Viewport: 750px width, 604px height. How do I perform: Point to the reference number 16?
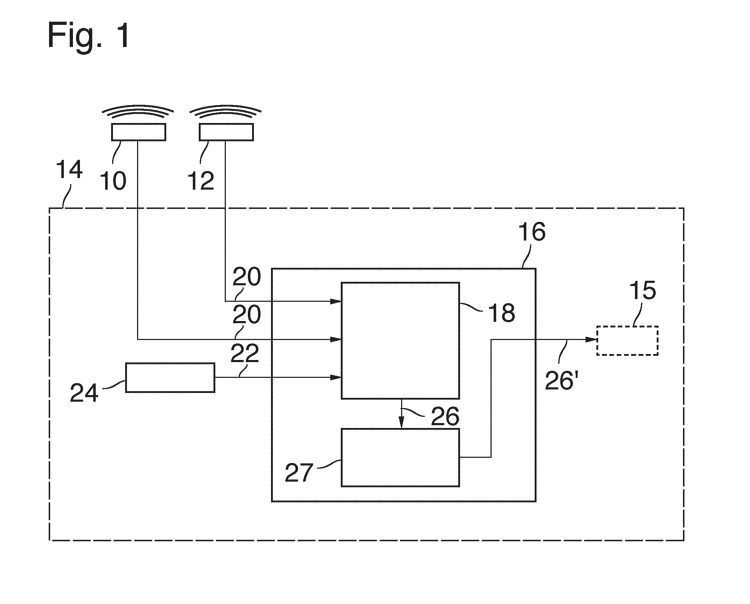coord(532,231)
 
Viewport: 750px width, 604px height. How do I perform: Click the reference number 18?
coord(502,313)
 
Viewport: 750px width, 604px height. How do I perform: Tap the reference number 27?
coord(299,473)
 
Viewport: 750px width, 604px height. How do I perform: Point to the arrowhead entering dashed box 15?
coord(592,339)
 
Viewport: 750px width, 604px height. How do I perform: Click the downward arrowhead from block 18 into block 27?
coord(401,423)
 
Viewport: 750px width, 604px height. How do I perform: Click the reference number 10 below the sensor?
coord(113,181)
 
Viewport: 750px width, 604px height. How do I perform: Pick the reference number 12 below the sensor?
coord(201,181)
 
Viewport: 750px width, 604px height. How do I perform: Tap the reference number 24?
coord(84,393)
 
